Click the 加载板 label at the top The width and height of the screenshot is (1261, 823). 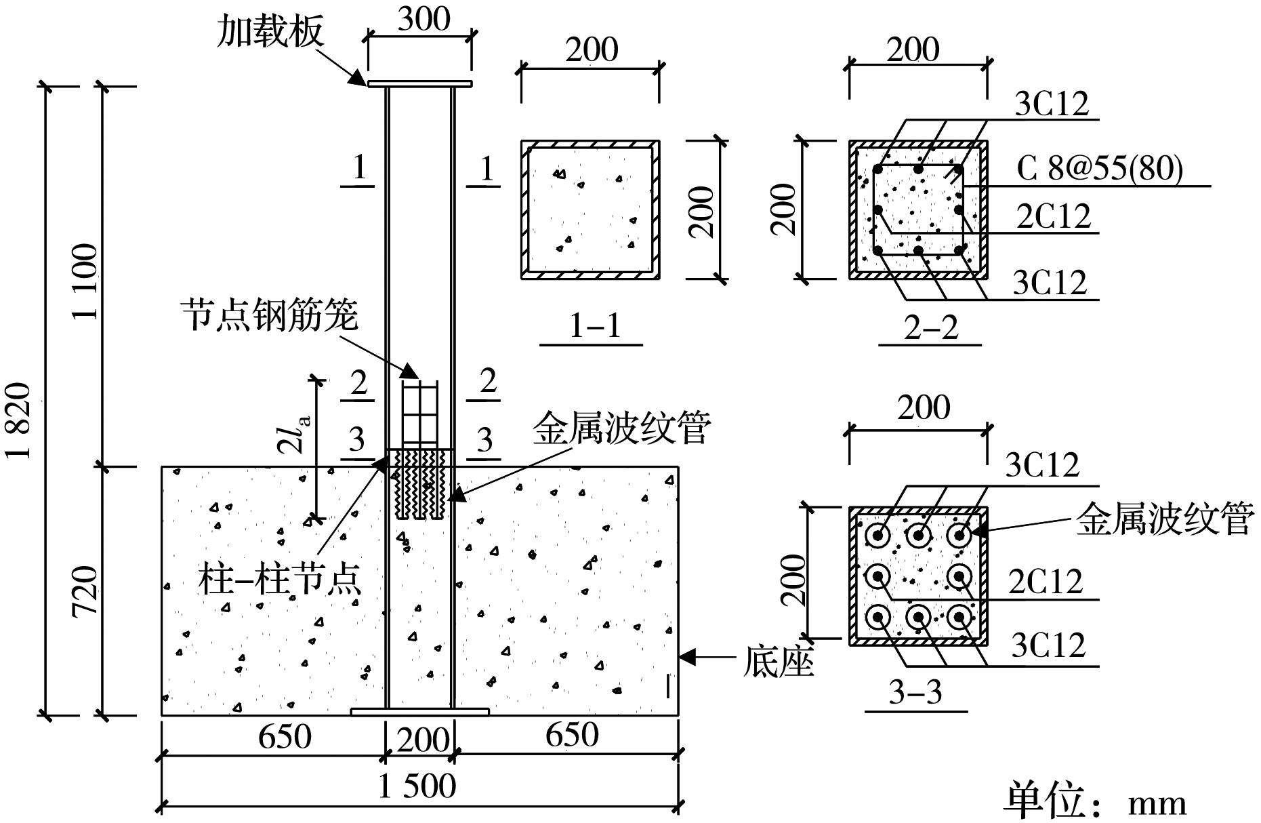(x=270, y=31)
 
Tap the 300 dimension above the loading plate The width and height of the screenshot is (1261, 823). (x=423, y=18)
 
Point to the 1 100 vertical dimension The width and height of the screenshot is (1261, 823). (x=86, y=281)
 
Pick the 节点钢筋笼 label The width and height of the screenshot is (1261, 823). (x=269, y=315)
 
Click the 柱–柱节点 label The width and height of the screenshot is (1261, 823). (x=279, y=580)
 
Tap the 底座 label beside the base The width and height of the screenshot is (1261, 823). (x=778, y=661)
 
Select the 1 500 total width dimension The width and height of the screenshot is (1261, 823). (x=417, y=786)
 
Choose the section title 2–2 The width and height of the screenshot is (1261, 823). (x=931, y=328)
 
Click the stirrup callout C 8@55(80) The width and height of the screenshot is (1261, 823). (x=1099, y=169)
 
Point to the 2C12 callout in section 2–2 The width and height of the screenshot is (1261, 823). (x=1054, y=217)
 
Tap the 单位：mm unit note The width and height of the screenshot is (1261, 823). (x=1094, y=802)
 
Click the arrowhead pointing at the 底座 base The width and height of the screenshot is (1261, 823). (x=686, y=656)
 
